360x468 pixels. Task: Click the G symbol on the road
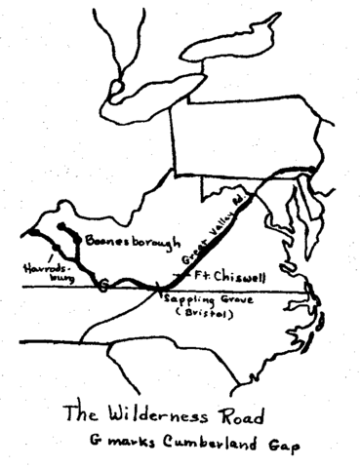pyautogui.click(x=103, y=285)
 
